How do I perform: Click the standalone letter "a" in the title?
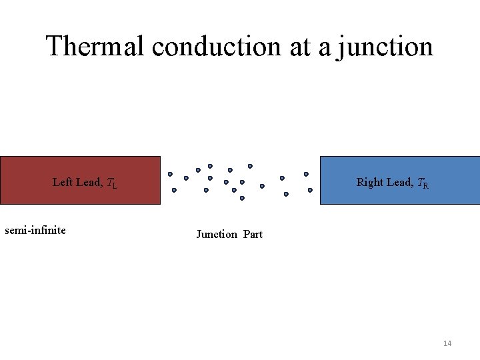325,48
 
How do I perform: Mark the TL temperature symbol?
112,183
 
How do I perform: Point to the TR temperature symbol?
423,183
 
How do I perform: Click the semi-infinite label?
35,231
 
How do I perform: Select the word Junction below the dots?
217,234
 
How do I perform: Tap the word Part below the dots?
253,234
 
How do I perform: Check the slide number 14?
447,343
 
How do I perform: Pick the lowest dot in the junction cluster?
242,198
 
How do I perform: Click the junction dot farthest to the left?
170,175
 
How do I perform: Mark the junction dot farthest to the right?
310,190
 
